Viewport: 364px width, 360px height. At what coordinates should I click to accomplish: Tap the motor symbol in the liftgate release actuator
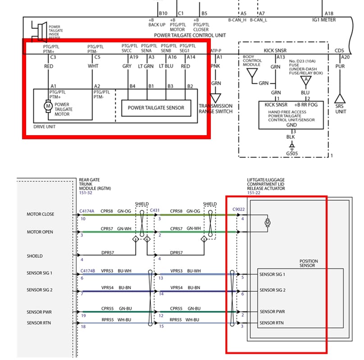[x=267, y=223]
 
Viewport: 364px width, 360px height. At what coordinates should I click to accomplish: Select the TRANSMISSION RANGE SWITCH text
[x=215, y=109]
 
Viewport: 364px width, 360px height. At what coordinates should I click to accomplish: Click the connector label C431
[x=155, y=210]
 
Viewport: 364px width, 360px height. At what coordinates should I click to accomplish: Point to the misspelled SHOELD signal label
[x=35, y=256]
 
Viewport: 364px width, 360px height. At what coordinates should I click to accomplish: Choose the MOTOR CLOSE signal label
[x=40, y=214]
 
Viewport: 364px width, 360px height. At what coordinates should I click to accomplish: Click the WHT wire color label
[x=93, y=66]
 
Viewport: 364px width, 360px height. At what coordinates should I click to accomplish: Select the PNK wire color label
[x=216, y=66]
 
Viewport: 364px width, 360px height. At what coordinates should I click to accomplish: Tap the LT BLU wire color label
[x=166, y=66]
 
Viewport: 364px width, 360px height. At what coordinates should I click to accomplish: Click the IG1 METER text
[x=324, y=20]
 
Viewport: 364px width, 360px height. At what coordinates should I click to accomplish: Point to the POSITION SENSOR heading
[x=309, y=263]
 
